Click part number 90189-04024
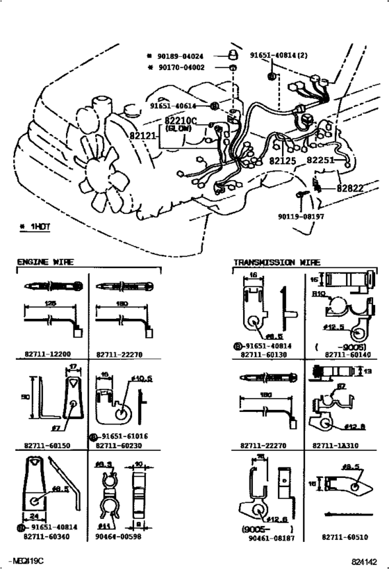tap(184, 54)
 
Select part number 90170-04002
tap(184, 67)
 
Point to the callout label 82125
tap(283, 161)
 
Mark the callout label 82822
tap(351, 188)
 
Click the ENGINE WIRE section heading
tap(46, 263)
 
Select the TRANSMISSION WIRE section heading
tap(276, 263)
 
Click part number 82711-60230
tap(124, 445)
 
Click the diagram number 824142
tap(363, 560)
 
